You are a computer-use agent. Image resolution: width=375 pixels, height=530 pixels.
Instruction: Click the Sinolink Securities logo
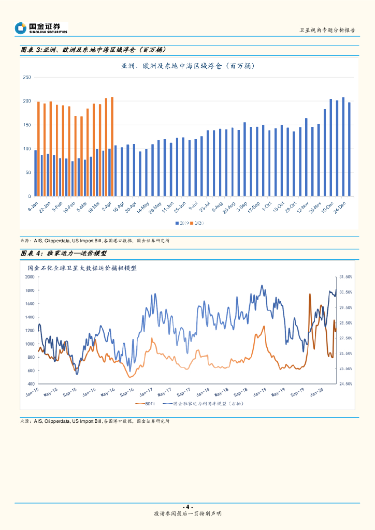point(41,28)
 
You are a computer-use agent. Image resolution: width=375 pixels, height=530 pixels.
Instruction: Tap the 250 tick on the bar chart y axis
point(27,77)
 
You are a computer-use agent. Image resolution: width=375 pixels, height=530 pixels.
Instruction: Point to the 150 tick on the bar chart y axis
point(27,125)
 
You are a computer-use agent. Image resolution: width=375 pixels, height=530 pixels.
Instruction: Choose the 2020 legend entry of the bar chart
point(197,223)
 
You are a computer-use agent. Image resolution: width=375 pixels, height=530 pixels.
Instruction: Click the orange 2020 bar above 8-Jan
point(38,149)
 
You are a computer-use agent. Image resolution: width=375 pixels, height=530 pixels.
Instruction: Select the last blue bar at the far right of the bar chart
point(349,150)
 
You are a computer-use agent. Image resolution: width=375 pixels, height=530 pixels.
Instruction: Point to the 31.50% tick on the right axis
point(345,277)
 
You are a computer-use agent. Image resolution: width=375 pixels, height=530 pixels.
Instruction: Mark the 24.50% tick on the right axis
point(345,384)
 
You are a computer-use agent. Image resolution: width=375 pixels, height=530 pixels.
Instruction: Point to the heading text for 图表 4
point(64,253)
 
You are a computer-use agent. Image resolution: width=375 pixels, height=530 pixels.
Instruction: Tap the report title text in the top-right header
point(327,31)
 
